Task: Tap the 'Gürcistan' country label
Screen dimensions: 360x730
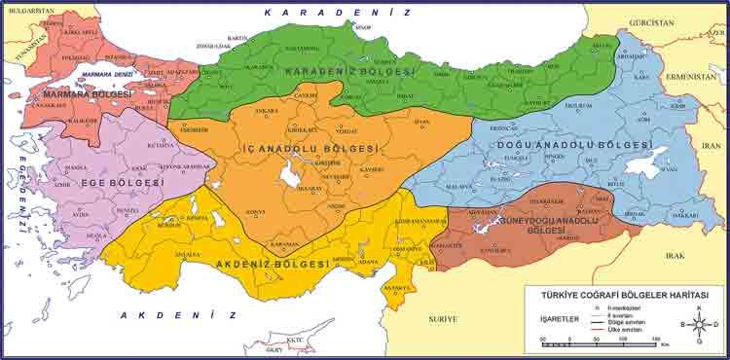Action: coord(651,21)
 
